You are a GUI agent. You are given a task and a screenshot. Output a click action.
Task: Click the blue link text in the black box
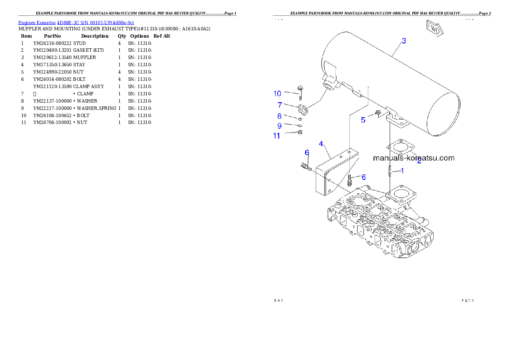pos(76,23)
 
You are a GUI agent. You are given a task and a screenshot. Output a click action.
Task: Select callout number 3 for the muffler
pos(404,41)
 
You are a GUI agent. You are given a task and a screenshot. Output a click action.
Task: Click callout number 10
pos(278,94)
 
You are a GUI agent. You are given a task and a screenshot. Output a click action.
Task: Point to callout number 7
pos(279,105)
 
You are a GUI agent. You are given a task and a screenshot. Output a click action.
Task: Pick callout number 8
pos(279,116)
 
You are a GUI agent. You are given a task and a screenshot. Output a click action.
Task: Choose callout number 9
pos(279,126)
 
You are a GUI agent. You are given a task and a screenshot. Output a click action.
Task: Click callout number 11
pos(277,136)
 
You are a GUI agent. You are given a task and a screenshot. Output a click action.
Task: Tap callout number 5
pos(363,120)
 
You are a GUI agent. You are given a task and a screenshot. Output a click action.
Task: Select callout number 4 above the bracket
pos(321,144)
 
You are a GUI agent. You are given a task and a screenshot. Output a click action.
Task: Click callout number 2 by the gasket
pos(419,161)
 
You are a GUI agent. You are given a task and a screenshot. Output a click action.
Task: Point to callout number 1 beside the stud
pos(402,171)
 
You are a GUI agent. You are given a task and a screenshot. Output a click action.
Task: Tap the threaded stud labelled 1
pos(390,171)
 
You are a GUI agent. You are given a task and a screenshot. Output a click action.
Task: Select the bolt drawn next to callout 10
pos(300,92)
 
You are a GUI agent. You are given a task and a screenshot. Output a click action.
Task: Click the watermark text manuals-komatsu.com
pos(414,158)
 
